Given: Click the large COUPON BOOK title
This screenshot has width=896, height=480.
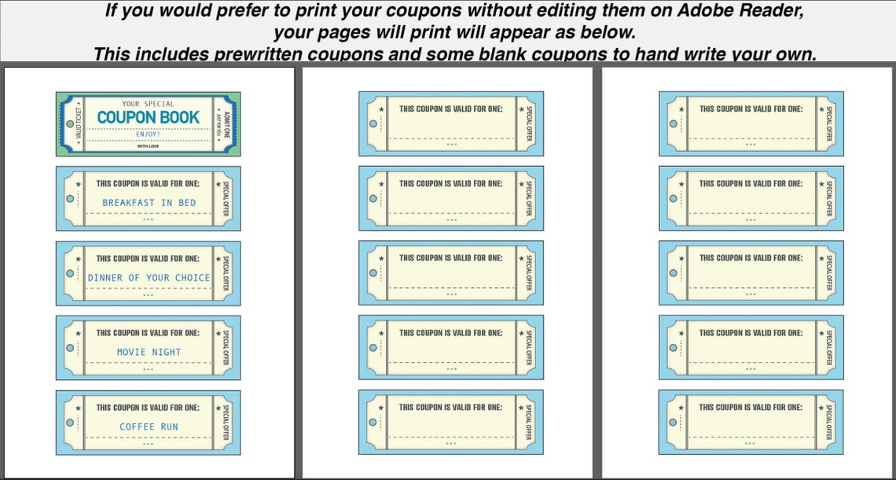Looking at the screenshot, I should tap(148, 117).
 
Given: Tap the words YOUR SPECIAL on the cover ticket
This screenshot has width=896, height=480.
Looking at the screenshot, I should tap(149, 104).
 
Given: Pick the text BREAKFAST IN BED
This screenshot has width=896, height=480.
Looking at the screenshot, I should tap(149, 203).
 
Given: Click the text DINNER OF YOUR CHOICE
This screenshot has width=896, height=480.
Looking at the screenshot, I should tap(149, 278).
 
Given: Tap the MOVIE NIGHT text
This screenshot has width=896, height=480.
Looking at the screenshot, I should tap(149, 353).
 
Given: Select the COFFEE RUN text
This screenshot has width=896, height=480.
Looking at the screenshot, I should tap(149, 427).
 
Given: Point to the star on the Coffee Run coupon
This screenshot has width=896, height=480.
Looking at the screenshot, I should tap(78, 408).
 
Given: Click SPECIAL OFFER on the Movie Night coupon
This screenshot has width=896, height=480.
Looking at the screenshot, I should tap(226, 348).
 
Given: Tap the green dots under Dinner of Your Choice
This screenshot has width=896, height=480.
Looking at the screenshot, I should tap(149, 295).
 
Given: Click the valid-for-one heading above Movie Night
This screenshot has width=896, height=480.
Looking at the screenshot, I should tap(148, 333).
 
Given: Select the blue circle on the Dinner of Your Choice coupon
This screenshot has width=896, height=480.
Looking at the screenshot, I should tap(70, 274).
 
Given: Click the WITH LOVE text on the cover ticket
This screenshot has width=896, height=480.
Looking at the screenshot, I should tap(148, 146).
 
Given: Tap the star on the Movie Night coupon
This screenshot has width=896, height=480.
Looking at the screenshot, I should tap(78, 334).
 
